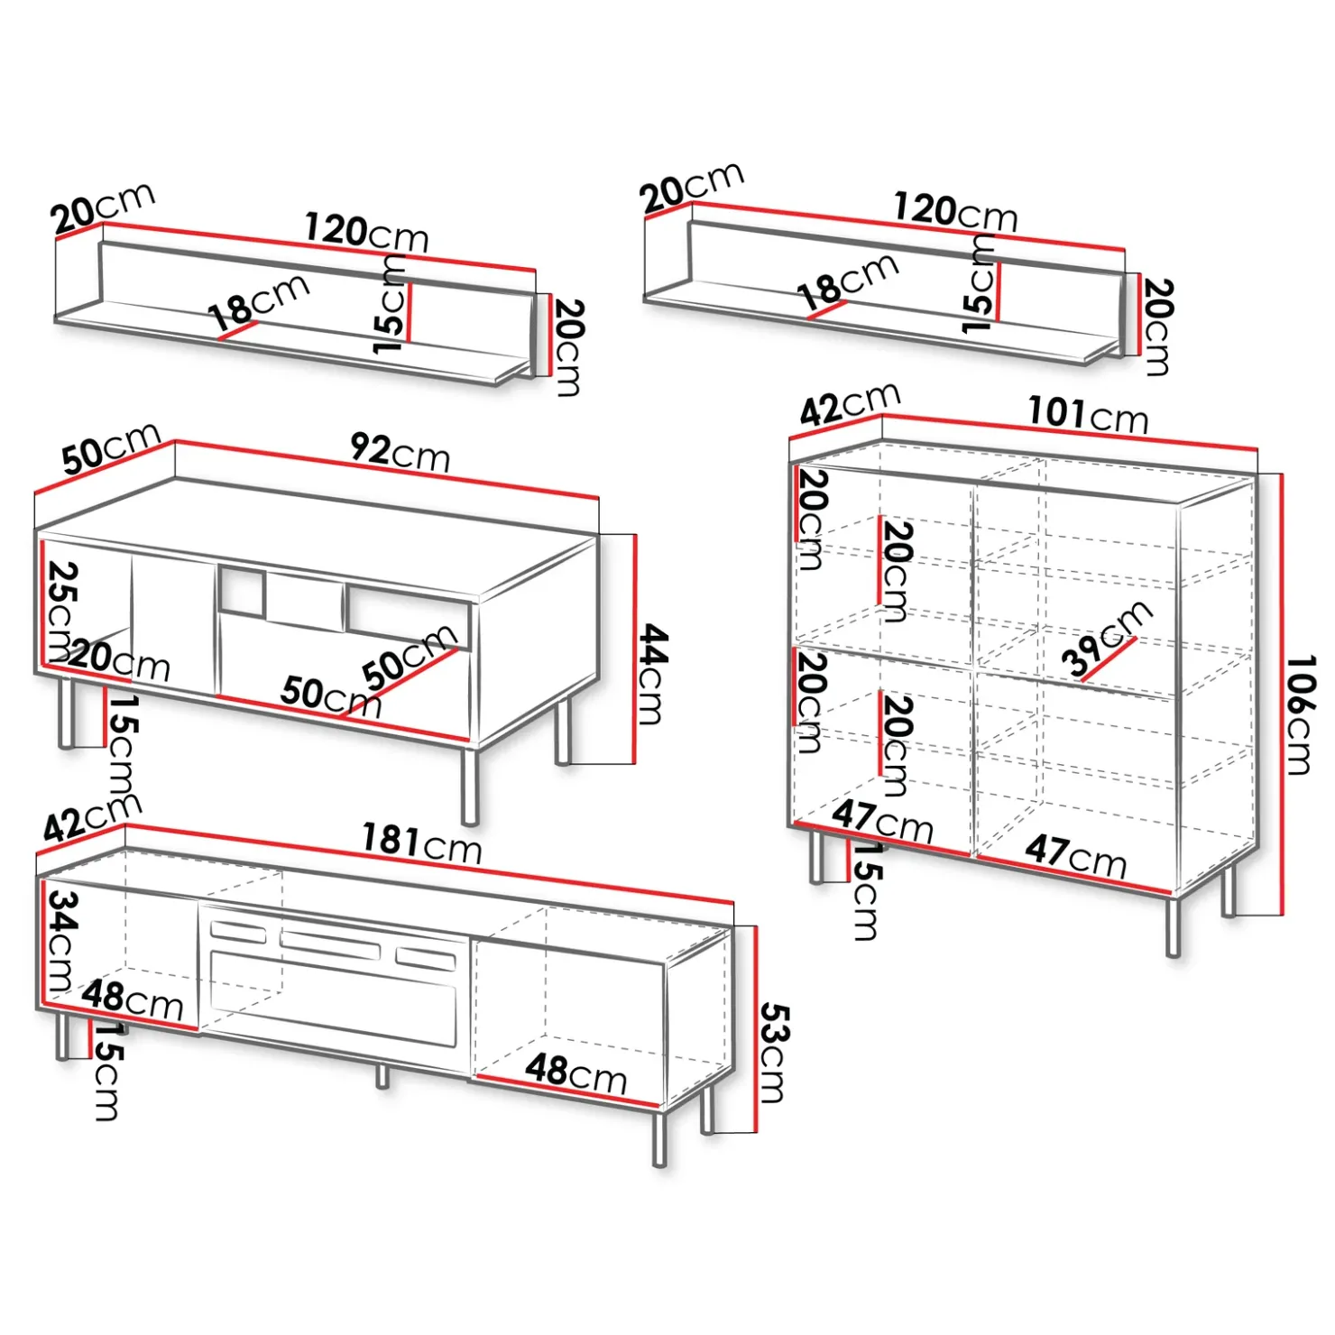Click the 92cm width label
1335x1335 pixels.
(x=400, y=452)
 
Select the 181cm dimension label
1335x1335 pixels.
(x=422, y=844)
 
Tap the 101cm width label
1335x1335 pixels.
(x=1089, y=415)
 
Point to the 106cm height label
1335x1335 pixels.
(x=1299, y=715)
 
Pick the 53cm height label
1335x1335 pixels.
(x=774, y=1053)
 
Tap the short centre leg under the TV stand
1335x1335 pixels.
(x=382, y=1075)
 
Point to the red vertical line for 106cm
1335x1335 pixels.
(x=1281, y=695)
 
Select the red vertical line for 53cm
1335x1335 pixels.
(x=756, y=1029)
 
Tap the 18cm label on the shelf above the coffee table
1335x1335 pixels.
(x=260, y=301)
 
